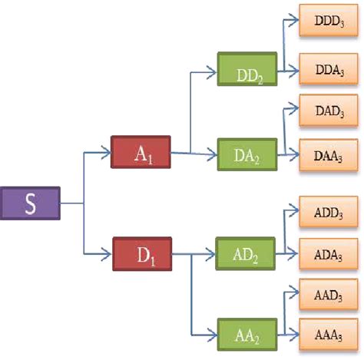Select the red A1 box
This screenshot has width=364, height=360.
(x=141, y=152)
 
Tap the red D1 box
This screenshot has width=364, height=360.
(x=142, y=253)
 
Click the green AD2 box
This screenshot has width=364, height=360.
(x=247, y=253)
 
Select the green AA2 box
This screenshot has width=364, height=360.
(x=247, y=335)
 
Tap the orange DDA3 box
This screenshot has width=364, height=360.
(x=328, y=70)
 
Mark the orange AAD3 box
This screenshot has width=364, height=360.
(x=328, y=294)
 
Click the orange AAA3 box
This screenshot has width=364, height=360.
(x=328, y=335)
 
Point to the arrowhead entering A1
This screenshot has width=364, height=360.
(x=108, y=152)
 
